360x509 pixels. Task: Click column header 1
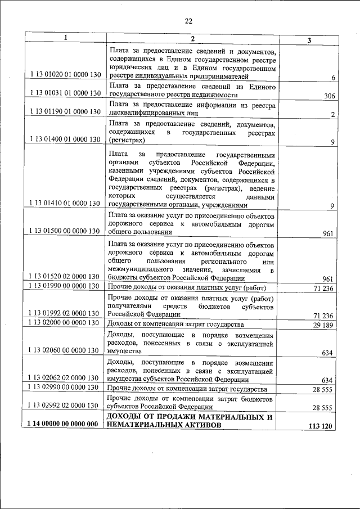coord(65,38)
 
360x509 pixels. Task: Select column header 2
coord(192,38)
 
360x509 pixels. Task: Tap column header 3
coord(309,39)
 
